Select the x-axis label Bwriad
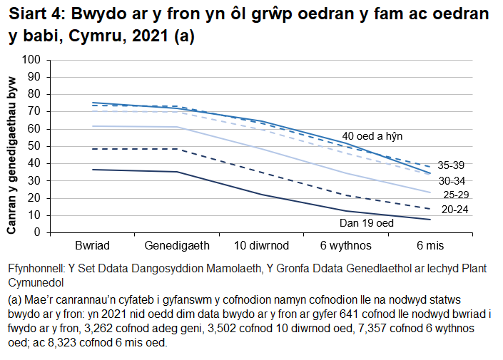92,245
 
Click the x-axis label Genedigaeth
177,245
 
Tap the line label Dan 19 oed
367,223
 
